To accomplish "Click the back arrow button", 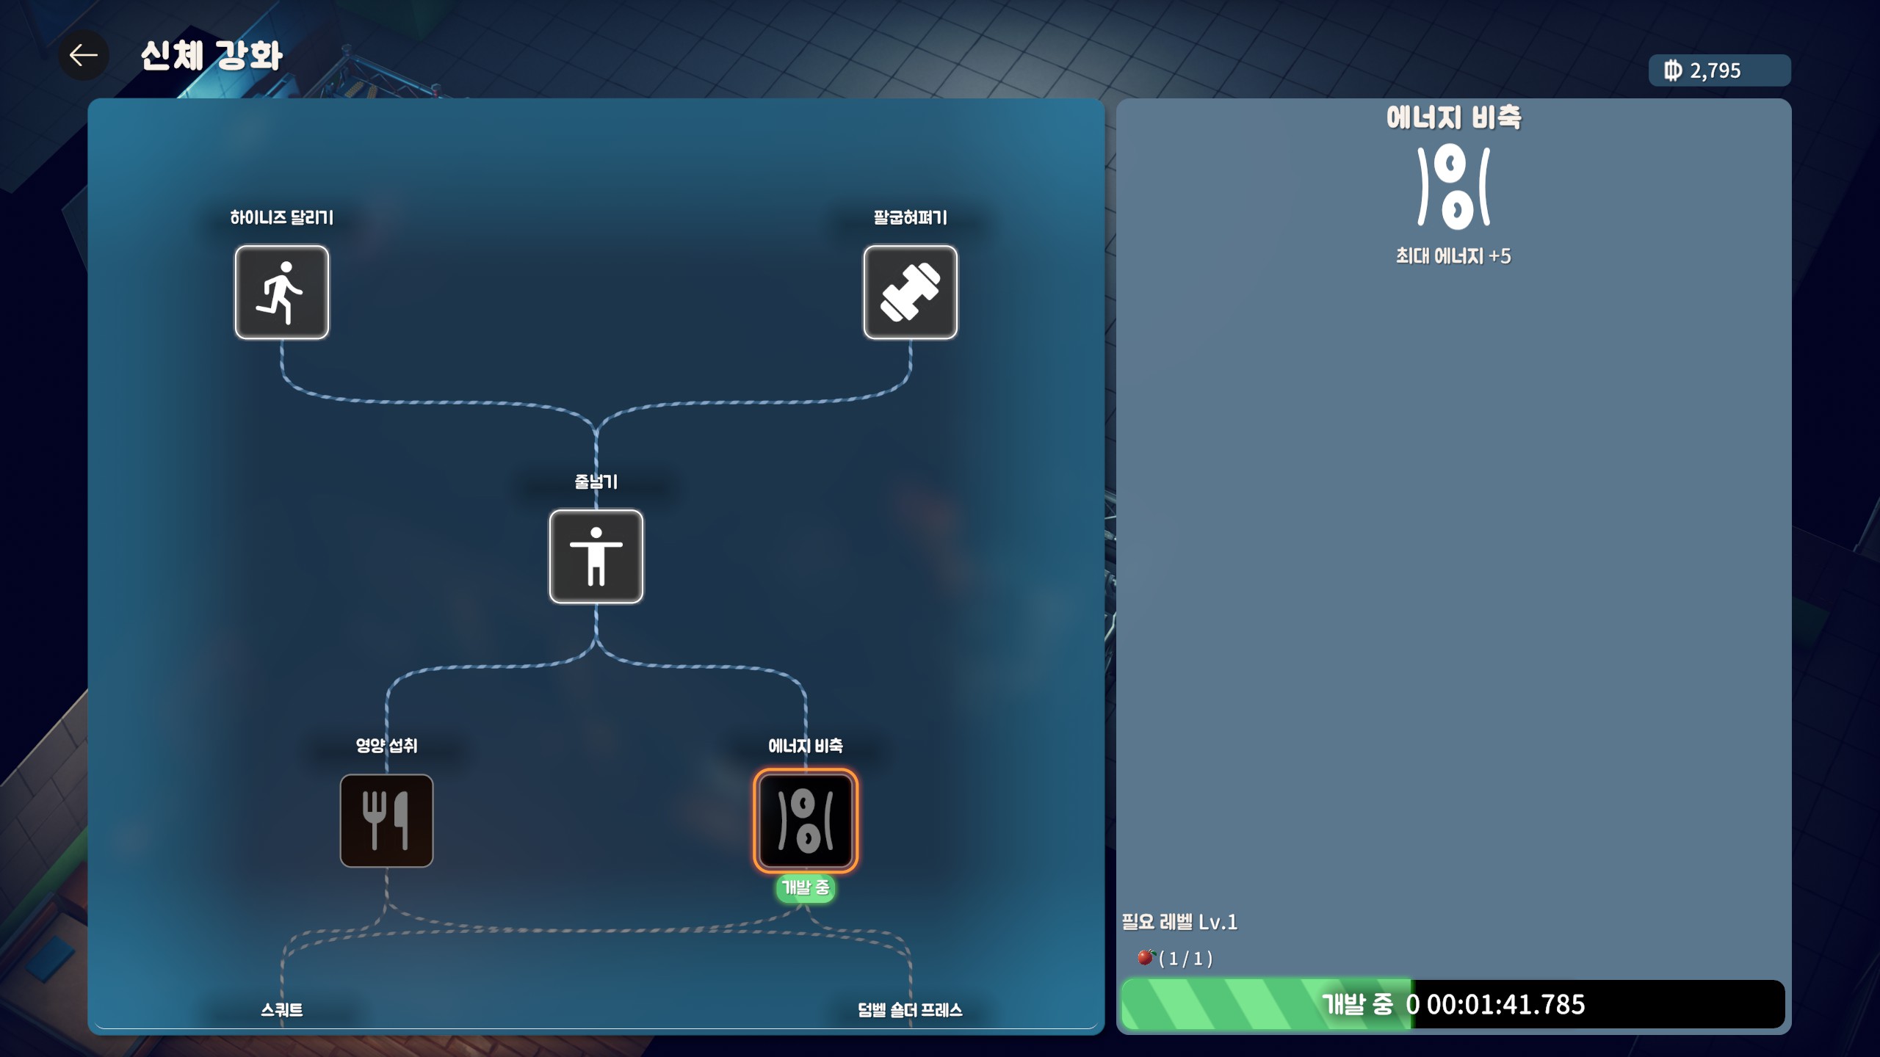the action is pyautogui.click(x=84, y=55).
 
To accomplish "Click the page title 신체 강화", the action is pyautogui.click(x=211, y=55).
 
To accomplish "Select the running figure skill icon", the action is pyautogui.click(x=282, y=292).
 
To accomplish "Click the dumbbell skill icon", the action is pyautogui.click(x=911, y=292).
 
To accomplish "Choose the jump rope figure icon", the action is pyautogui.click(x=596, y=556).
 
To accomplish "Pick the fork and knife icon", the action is pyautogui.click(x=386, y=821).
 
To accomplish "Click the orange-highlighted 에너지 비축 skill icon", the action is pyautogui.click(x=806, y=821).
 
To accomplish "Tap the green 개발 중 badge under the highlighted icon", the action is pyautogui.click(x=806, y=888).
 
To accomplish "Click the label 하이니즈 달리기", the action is pyautogui.click(x=282, y=217).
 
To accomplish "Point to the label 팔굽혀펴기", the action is pyautogui.click(x=911, y=217).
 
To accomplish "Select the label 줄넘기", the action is pyautogui.click(x=596, y=482).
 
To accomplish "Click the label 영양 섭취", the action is pyautogui.click(x=386, y=746).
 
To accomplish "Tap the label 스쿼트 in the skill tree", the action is pyautogui.click(x=282, y=1010).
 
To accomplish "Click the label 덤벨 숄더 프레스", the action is pyautogui.click(x=911, y=1010).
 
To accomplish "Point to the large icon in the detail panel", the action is pyautogui.click(x=1454, y=187).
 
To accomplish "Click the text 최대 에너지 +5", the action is pyautogui.click(x=1453, y=256).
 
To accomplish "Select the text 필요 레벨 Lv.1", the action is pyautogui.click(x=1179, y=922).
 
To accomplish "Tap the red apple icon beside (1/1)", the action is pyautogui.click(x=1146, y=957).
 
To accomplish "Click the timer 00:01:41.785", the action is pyautogui.click(x=1505, y=1004).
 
